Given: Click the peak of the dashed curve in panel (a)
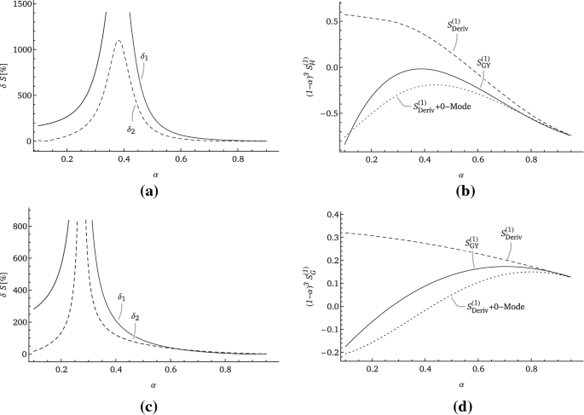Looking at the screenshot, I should [119, 40].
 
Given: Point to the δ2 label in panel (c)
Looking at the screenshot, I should [135, 317].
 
